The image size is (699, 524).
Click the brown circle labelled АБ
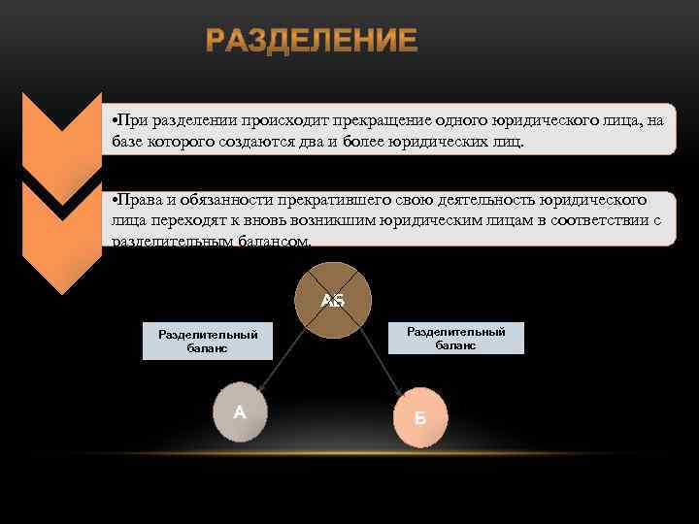pos(333,300)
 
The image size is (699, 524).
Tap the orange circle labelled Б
pos(419,417)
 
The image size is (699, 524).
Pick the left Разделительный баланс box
pos(207,342)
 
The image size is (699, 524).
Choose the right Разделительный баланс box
pos(455,338)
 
